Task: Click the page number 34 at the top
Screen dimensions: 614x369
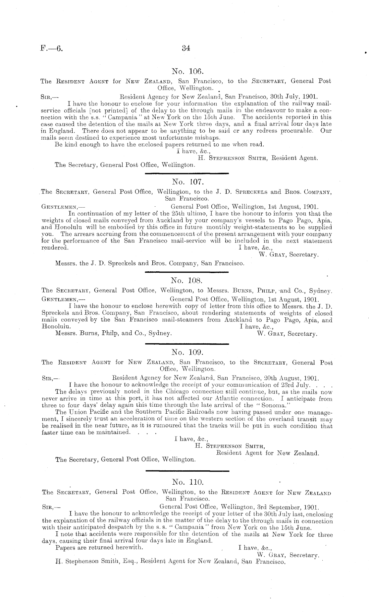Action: click(x=185, y=48)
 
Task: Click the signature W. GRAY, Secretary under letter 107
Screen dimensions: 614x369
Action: click(x=289, y=255)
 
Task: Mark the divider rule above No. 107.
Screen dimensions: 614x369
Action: click(x=187, y=172)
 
